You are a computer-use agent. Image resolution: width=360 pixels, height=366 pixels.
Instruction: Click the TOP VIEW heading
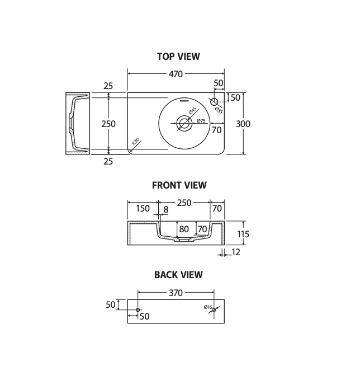click(x=178, y=57)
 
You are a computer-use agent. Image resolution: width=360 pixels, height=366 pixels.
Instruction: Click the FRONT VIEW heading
click(x=179, y=185)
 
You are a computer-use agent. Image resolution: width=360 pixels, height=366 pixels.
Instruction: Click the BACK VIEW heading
click(x=178, y=275)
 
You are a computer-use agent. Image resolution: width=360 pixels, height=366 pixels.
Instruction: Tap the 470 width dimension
click(x=176, y=74)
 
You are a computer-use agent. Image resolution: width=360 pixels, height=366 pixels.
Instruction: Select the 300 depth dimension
click(x=243, y=124)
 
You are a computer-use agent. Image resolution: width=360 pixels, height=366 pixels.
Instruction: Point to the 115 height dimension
click(x=243, y=234)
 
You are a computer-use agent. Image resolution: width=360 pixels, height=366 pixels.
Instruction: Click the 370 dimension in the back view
click(x=176, y=293)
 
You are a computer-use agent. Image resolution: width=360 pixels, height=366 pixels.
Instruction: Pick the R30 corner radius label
click(x=135, y=142)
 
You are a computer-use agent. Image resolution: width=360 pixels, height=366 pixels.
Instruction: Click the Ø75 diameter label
click(x=201, y=121)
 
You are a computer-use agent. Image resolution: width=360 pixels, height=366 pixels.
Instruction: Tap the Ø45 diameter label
click(x=193, y=111)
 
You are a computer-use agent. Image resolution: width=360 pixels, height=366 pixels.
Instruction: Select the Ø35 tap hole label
click(x=219, y=110)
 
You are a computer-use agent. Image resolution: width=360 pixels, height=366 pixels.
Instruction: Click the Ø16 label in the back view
click(x=208, y=307)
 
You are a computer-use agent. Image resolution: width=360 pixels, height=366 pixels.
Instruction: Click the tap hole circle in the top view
click(x=214, y=102)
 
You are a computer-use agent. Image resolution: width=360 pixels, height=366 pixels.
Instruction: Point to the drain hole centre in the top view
click(x=184, y=123)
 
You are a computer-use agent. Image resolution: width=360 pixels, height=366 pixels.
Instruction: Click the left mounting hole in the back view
click(x=138, y=309)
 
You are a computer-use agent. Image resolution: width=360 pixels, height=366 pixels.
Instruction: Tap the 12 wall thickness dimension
click(x=236, y=252)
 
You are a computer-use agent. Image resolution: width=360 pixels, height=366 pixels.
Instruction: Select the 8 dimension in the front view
click(x=166, y=210)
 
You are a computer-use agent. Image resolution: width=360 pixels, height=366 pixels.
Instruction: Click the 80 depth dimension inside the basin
click(x=184, y=229)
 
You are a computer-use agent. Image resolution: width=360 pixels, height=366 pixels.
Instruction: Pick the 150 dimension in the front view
click(x=143, y=208)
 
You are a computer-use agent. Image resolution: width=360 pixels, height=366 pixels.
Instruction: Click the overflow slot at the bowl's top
click(x=184, y=100)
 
